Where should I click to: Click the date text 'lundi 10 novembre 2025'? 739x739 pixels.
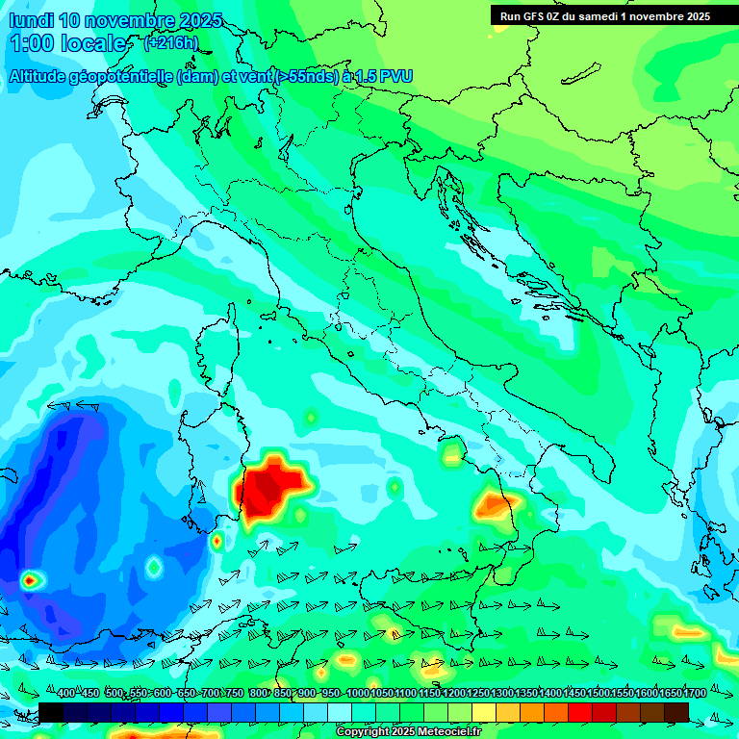(x=115, y=20)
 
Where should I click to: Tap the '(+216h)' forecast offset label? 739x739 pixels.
(x=170, y=43)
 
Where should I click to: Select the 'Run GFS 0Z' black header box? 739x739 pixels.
(x=604, y=16)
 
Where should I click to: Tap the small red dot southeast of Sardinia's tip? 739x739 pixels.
(x=217, y=541)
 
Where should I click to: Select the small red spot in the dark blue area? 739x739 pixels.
(x=30, y=579)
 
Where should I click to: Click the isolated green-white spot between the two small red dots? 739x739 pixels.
(x=153, y=568)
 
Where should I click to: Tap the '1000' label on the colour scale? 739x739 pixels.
(x=357, y=694)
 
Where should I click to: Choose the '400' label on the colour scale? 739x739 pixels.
(x=67, y=694)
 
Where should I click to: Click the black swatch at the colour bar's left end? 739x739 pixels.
(x=51, y=711)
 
